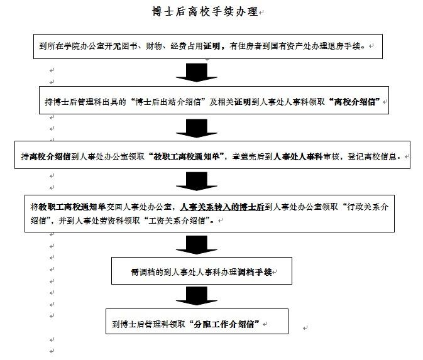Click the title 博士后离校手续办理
(205, 12)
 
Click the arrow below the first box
(197, 72)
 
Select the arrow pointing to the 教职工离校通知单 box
(197, 128)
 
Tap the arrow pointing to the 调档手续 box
(197, 245)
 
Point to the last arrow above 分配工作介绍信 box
(197, 296)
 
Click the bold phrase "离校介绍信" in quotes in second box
(354, 102)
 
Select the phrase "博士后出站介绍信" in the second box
(168, 102)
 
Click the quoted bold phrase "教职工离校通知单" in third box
(187, 156)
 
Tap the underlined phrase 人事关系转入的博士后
(222, 207)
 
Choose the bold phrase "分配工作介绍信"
(224, 324)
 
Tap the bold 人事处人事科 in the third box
(298, 156)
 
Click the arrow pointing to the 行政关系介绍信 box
(197, 181)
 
